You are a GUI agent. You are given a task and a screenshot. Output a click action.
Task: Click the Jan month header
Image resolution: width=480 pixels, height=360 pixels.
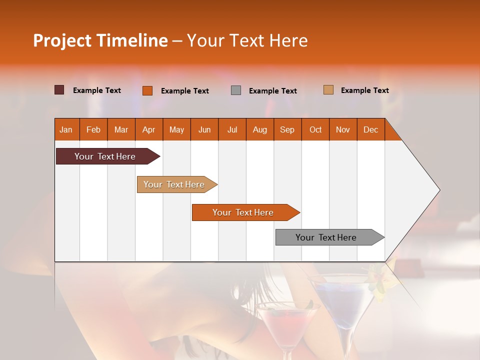point(66,129)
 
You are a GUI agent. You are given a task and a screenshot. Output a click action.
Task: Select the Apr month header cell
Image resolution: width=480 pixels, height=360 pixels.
point(149,129)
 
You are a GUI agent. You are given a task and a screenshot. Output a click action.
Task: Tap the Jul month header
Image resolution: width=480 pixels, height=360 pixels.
point(232,129)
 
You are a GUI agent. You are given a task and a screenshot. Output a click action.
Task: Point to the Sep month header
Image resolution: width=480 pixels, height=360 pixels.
point(287,129)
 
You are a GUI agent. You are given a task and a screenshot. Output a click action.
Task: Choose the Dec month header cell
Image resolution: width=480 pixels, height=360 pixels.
point(370,129)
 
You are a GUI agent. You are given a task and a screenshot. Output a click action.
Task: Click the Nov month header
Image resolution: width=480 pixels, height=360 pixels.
point(343,129)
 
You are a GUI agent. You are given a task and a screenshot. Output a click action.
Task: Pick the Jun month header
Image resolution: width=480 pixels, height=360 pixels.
point(204,129)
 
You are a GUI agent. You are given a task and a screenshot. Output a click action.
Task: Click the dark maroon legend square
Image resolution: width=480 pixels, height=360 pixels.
point(59,90)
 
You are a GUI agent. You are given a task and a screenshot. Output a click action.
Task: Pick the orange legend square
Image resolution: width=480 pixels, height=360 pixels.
point(147,90)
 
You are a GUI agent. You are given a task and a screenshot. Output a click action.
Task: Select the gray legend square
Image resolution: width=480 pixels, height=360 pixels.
point(236,90)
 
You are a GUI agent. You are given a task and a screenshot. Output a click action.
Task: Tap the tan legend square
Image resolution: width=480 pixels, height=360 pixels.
point(328,90)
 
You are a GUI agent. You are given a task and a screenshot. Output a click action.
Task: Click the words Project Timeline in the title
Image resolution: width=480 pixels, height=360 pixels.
point(100,40)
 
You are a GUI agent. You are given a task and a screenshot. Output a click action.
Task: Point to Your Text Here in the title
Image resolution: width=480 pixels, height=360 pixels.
point(247,40)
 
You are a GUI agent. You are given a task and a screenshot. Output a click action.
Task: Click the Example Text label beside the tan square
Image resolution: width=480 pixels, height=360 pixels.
point(364,90)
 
